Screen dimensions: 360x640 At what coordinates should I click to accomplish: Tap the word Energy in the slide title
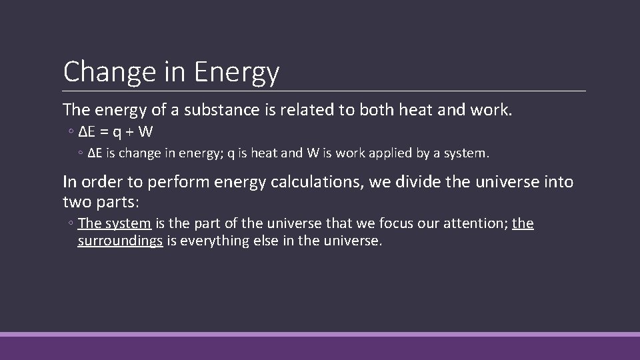(x=237, y=72)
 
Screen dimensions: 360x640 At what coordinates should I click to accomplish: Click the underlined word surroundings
(x=120, y=241)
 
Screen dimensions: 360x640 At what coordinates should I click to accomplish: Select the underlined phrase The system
(x=114, y=223)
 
